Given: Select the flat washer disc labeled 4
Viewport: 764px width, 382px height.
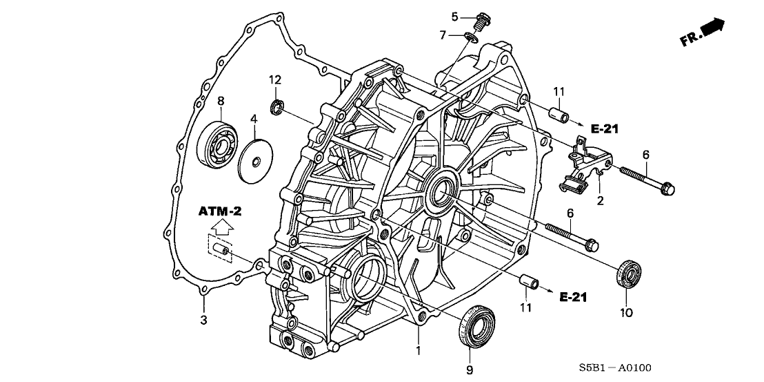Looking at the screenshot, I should click(x=256, y=162).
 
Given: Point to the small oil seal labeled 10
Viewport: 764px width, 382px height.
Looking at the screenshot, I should click(x=629, y=271).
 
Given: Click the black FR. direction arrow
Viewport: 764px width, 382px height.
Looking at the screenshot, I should click(x=713, y=28).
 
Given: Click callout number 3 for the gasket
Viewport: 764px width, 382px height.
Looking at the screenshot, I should click(x=203, y=320).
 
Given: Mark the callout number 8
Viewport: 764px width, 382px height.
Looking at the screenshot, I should click(x=221, y=101).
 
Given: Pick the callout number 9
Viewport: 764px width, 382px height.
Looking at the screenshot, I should click(x=470, y=370).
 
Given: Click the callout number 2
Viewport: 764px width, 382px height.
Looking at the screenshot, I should click(x=601, y=201).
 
